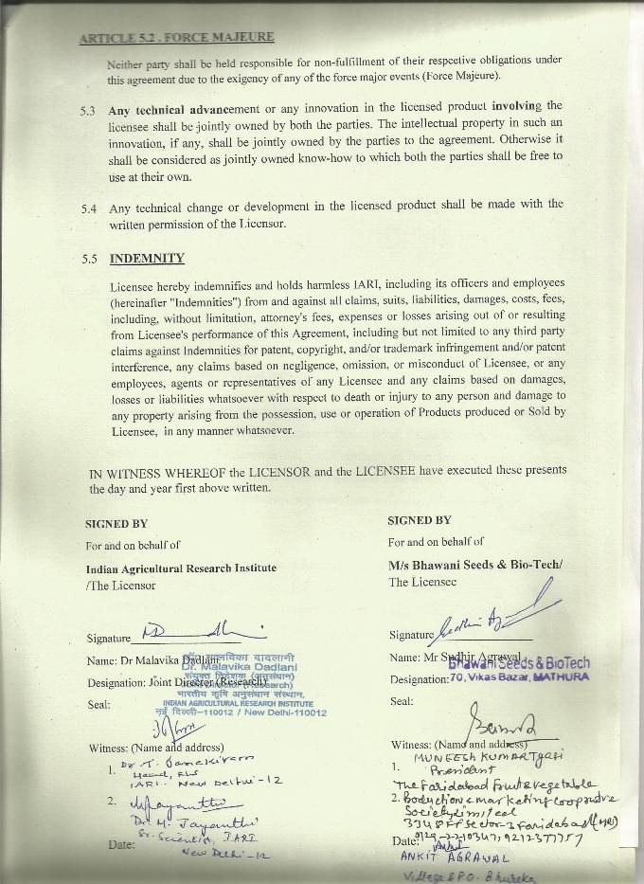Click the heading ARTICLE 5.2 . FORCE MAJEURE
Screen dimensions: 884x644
[x=177, y=38]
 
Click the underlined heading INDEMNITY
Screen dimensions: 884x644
[x=147, y=259]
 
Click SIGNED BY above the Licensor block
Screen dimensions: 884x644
[x=116, y=523]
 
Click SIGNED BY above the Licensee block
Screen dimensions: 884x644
[x=419, y=520]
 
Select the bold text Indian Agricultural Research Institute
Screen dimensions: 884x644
[x=181, y=568]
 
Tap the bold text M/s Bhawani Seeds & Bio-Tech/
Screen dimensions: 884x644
[x=474, y=565]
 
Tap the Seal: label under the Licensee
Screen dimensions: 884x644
[x=402, y=701]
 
